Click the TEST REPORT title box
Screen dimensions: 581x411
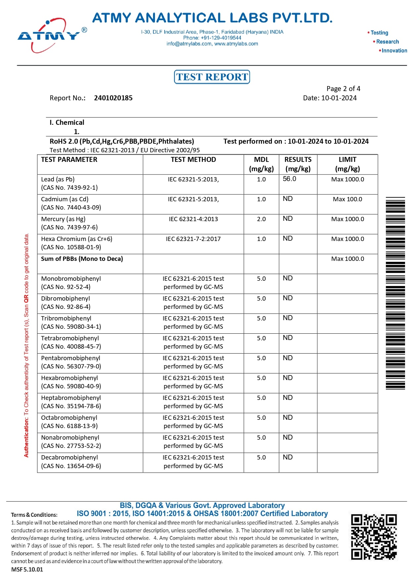coord(212,77)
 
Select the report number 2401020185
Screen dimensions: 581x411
coord(113,98)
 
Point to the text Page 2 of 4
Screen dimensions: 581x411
coord(343,89)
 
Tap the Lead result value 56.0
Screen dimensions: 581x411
coord(289,179)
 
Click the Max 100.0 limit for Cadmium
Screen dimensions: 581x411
coord(347,199)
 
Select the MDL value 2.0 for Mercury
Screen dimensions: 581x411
coord(261,219)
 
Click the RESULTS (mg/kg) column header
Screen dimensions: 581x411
coord(298,164)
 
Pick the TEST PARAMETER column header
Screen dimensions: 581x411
coord(69,160)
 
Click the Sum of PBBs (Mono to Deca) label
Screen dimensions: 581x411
coord(82,259)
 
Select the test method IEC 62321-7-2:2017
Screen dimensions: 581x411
coord(193,239)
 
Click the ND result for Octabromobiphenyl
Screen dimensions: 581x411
coord(287,417)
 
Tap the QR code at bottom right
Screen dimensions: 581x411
coord(374,537)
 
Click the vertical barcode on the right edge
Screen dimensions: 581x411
coord(395,293)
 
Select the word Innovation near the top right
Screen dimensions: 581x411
coord(394,51)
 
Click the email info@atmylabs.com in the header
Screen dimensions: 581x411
coord(189,44)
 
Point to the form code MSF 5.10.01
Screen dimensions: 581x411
coord(27,569)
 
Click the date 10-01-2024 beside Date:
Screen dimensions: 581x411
coord(339,98)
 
